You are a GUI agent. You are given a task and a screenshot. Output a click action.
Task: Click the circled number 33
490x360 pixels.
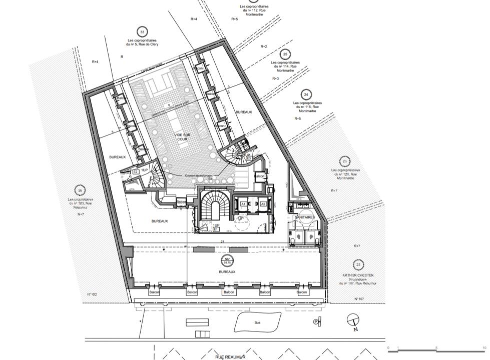tap(142, 32)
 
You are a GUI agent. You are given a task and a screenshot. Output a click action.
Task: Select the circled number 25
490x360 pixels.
tap(285, 54)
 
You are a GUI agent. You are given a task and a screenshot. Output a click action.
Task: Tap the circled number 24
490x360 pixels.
tap(306, 94)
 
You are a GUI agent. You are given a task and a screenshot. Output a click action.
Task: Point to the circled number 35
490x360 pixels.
tap(80, 190)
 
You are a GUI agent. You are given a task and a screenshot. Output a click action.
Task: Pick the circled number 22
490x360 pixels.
tap(358, 265)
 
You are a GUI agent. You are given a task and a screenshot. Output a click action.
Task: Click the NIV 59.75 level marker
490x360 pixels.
tap(227, 260)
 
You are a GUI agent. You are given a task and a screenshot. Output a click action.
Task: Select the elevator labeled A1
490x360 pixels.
tap(244, 204)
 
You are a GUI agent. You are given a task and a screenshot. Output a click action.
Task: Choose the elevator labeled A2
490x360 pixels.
tap(263, 204)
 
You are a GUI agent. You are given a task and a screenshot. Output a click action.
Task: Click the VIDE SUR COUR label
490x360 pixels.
tap(182, 137)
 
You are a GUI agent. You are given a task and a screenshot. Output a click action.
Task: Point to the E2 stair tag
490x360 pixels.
tap(135, 171)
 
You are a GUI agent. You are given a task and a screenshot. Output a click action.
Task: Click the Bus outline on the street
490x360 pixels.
tap(257, 322)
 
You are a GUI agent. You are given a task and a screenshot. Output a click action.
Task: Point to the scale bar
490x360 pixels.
tap(436, 348)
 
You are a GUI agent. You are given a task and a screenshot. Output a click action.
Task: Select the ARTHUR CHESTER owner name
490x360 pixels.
tap(358, 275)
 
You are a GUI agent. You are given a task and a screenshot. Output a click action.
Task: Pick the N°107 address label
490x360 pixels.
tap(358, 298)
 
